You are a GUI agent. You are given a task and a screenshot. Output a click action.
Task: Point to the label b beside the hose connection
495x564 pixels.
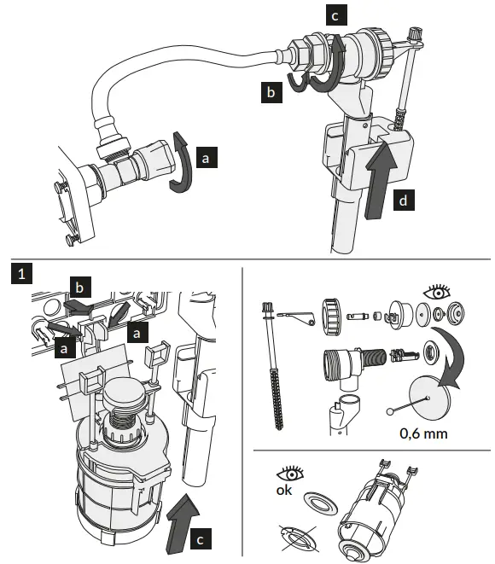point(271,93)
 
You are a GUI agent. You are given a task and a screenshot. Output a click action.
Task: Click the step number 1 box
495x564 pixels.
point(19,273)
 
